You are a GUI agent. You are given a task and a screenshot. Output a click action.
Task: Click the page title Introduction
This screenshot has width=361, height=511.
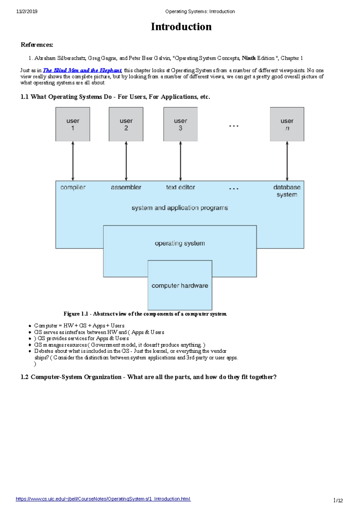tap(181, 27)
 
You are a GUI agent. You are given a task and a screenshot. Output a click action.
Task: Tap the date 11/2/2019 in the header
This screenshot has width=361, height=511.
tap(27, 11)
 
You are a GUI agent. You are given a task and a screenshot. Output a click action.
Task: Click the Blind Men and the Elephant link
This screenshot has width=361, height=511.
tap(82, 70)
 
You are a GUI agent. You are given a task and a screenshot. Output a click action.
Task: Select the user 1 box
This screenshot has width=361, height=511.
tap(73, 124)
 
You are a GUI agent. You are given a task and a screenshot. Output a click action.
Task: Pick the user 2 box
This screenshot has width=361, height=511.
tap(126, 124)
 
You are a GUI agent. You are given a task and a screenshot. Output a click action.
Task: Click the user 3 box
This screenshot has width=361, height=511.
tap(180, 124)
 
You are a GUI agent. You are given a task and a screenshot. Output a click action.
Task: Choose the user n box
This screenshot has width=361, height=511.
tap(287, 124)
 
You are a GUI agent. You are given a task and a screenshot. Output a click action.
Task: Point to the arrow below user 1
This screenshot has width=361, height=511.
tap(73, 161)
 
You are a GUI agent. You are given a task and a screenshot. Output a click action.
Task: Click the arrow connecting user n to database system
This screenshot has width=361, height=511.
tap(287, 161)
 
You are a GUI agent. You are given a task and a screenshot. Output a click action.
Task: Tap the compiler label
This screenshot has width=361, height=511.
tap(73, 187)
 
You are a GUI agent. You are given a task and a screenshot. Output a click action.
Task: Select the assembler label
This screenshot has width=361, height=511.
tap(126, 187)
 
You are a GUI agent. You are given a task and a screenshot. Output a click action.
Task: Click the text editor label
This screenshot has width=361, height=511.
tap(180, 187)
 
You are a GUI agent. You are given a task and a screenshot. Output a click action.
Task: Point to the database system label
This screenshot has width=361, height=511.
tap(287, 191)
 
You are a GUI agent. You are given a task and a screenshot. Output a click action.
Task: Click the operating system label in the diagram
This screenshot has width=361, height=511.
tap(180, 243)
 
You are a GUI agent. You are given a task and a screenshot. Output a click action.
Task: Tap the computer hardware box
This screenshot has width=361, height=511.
tap(180, 285)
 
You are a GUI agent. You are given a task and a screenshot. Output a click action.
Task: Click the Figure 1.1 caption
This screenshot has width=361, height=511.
tap(145, 314)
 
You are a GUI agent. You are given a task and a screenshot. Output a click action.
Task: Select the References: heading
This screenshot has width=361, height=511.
tap(37, 45)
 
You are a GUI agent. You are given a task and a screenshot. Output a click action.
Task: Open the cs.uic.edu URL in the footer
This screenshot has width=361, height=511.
tap(103, 499)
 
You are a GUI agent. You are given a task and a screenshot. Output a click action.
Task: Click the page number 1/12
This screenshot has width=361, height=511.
tap(338, 500)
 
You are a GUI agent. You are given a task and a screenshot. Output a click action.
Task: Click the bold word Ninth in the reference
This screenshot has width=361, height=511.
tap(249, 58)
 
